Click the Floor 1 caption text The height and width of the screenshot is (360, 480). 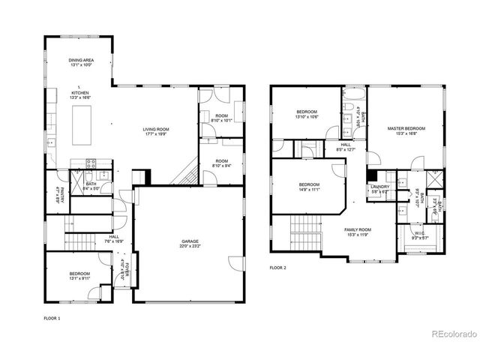click(52, 319)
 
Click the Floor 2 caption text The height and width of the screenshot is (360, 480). click(277, 268)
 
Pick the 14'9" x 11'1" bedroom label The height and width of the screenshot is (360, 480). click(310, 187)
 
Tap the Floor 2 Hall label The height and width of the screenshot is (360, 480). click(346, 148)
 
